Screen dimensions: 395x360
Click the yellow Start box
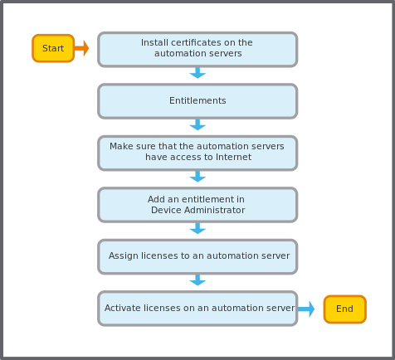pos(53,48)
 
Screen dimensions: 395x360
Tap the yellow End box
pos(345,309)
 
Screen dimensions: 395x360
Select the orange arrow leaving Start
pos(81,48)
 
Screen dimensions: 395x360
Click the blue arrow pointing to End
pos(306,309)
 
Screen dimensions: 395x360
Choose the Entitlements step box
pos(197,101)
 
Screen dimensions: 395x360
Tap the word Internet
pos(233,157)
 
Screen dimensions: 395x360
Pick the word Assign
pos(124,255)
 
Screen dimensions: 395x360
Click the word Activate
pos(122,308)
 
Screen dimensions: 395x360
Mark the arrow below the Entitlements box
pos(197,124)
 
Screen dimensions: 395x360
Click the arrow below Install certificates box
pos(197,73)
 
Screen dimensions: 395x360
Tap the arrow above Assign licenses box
pos(197,228)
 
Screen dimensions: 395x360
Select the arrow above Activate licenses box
pos(197,280)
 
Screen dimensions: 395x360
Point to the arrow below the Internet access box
pos(197,177)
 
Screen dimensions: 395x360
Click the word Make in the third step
pos(119,146)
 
